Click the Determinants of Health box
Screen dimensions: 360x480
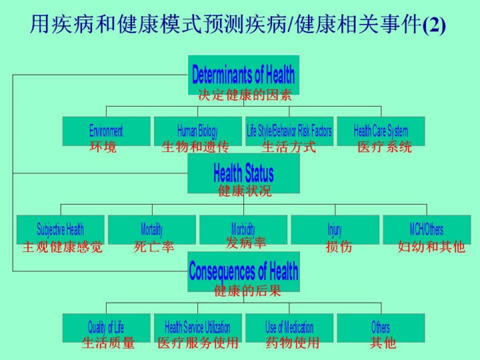(243, 73)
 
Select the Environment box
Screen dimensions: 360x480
(106, 131)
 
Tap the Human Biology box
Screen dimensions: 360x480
(197, 131)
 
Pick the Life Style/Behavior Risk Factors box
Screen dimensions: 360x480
(289, 131)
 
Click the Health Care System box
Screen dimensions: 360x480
(381, 131)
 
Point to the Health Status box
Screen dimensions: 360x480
(243, 173)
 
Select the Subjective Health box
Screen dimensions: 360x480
(60, 229)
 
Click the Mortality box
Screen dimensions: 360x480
(151, 229)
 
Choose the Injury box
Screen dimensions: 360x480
(335, 229)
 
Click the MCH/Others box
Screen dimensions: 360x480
(427, 229)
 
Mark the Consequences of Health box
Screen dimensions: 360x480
(243, 271)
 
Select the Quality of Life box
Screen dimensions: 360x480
(106, 327)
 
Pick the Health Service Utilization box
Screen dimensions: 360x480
(197, 327)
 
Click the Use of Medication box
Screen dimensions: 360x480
(289, 327)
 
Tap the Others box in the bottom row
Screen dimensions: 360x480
(381, 327)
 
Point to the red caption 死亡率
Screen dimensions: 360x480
(153, 247)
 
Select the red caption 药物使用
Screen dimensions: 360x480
(293, 343)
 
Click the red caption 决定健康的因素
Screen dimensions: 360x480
(245, 95)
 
